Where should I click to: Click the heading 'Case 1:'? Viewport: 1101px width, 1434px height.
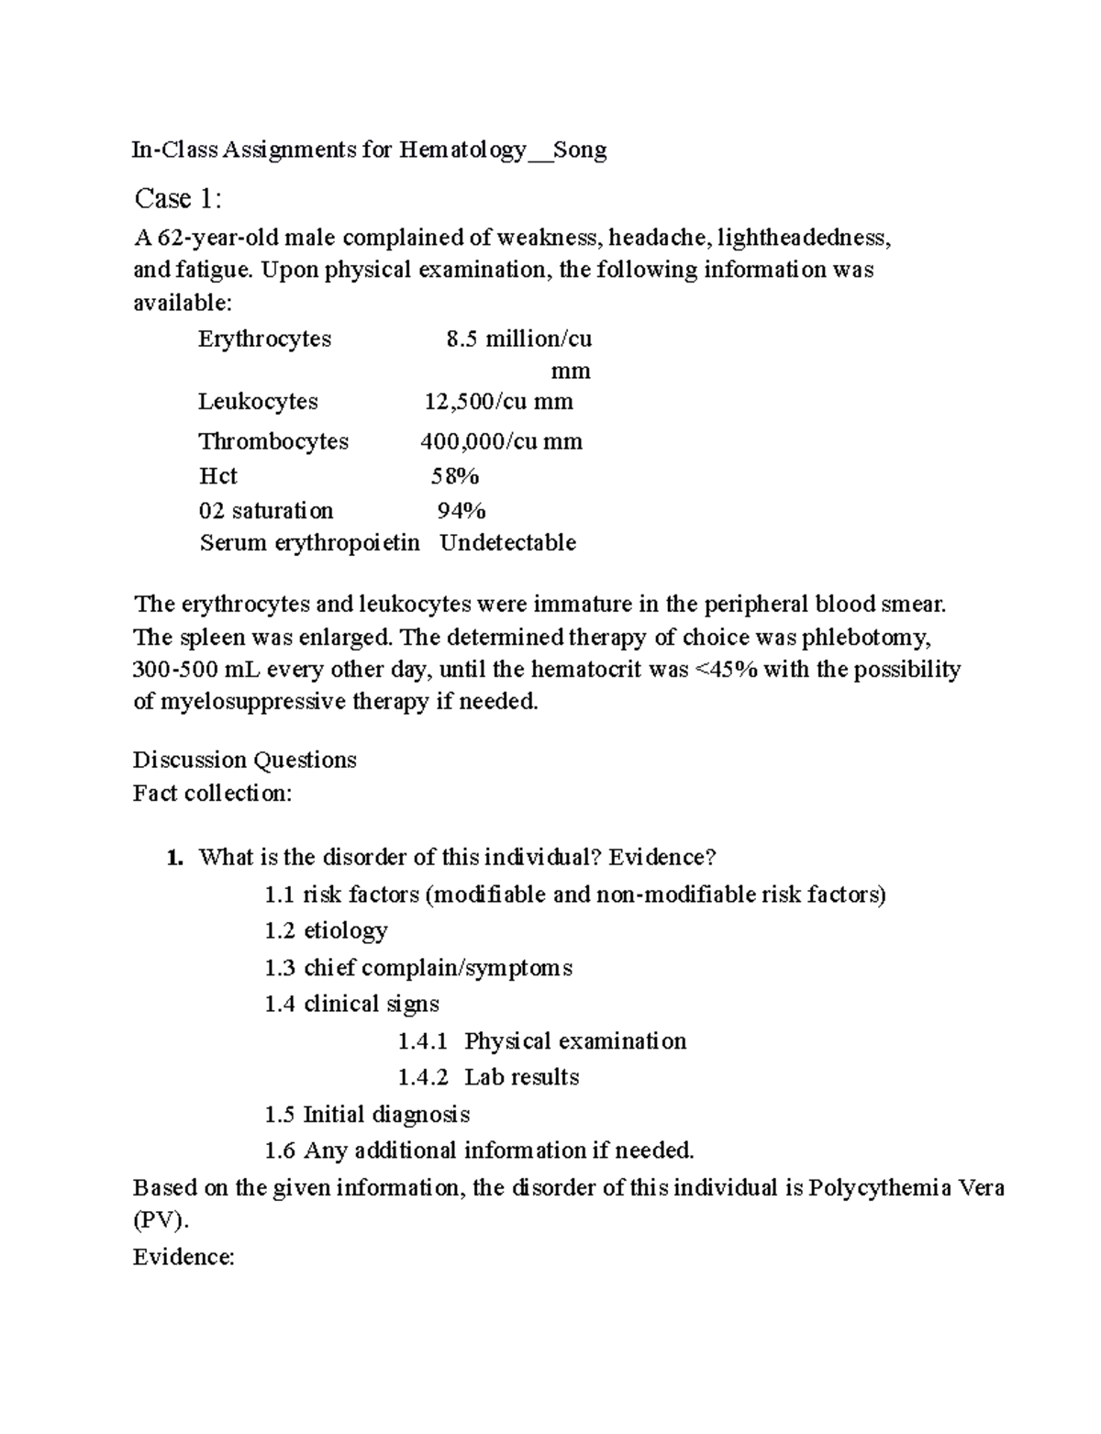click(178, 198)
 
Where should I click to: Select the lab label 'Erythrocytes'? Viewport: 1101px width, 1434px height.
click(264, 339)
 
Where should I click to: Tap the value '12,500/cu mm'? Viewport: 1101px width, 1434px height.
click(498, 401)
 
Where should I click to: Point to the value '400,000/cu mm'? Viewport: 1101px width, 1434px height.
click(501, 441)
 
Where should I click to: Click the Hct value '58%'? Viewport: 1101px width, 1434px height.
click(455, 476)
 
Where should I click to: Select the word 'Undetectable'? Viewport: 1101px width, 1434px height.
click(507, 542)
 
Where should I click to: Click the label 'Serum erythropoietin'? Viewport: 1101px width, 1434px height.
click(309, 542)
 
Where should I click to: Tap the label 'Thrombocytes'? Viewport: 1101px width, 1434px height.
click(273, 441)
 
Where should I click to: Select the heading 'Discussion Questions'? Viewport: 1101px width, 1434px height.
click(244, 760)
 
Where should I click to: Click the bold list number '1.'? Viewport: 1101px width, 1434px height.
click(174, 858)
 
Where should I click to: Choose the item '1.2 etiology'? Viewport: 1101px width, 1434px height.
click(326, 930)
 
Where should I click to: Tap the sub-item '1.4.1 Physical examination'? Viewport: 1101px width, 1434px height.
click(541, 1040)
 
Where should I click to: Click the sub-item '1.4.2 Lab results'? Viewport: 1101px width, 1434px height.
click(488, 1077)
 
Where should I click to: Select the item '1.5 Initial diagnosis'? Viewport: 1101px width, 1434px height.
click(367, 1114)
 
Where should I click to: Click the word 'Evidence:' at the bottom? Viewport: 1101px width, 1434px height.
click(183, 1257)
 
